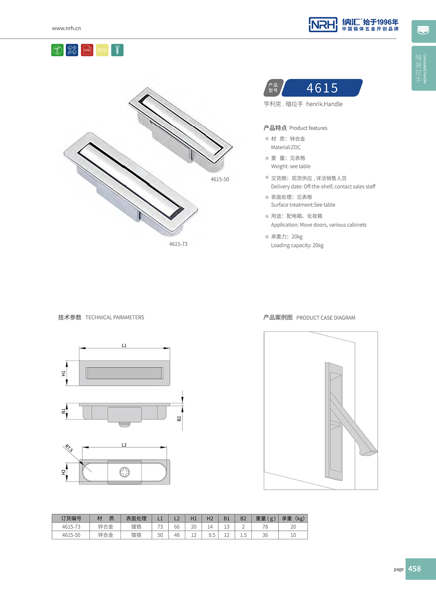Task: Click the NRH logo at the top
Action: pyautogui.click(x=323, y=25)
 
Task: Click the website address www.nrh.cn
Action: pyautogui.click(x=66, y=28)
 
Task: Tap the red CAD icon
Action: pyautogui.click(x=87, y=50)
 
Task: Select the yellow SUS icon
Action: pyautogui.click(x=102, y=50)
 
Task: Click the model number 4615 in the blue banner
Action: pyautogui.click(x=322, y=88)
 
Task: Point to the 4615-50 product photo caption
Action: pyautogui.click(x=220, y=179)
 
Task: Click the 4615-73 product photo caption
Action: pyautogui.click(x=178, y=244)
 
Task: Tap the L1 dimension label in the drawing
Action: pyautogui.click(x=124, y=345)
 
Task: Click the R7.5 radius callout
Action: pyautogui.click(x=69, y=448)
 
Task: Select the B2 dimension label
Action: pyautogui.click(x=179, y=419)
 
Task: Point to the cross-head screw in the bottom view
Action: pyautogui.click(x=124, y=472)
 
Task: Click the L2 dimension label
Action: pyautogui.click(x=124, y=445)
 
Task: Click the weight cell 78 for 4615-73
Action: pyautogui.click(x=265, y=527)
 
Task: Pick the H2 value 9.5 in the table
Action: pyautogui.click(x=212, y=535)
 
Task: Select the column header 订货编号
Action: pyautogui.click(x=71, y=518)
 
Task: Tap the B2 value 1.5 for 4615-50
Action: pyautogui.click(x=243, y=535)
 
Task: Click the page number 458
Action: pyautogui.click(x=415, y=569)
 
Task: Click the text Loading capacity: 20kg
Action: pyautogui.click(x=297, y=246)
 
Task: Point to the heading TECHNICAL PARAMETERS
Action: pyautogui.click(x=115, y=317)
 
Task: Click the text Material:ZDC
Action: pyautogui.click(x=286, y=147)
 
